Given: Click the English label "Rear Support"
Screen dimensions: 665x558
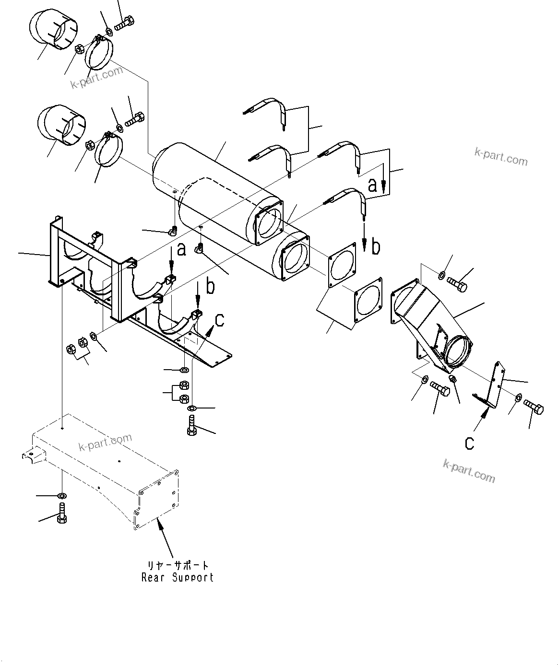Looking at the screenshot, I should click(177, 577).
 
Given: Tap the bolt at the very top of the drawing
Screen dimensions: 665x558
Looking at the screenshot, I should click(125, 21).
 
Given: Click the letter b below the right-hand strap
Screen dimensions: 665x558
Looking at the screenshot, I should click(376, 247).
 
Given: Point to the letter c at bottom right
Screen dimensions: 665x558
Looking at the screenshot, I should click(469, 443).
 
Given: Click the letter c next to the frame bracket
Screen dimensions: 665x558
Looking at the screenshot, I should click(219, 320).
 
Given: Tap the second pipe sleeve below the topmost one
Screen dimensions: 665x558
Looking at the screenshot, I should click(60, 124).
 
